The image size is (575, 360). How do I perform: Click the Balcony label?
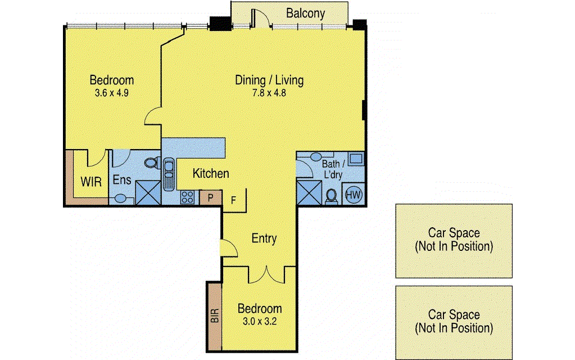pos(305,13)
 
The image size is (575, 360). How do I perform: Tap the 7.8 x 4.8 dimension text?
pos(269,93)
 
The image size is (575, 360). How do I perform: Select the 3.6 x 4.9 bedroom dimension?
pos(111,93)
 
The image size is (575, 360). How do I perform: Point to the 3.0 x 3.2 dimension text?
pos(260,321)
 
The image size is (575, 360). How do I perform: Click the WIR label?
pos(91,182)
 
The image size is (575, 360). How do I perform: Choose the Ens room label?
pos(122,180)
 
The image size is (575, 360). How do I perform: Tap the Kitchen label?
pos(211,173)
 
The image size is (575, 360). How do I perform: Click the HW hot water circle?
pos(354,195)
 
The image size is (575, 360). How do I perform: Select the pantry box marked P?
pos(210,198)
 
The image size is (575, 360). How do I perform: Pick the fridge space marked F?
pos(234,200)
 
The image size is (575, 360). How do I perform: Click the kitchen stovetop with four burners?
pos(187,197)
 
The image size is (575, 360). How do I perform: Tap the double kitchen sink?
pos(168,174)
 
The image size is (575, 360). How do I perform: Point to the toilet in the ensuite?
pos(152,163)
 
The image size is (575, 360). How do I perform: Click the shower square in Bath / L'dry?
pos(309,192)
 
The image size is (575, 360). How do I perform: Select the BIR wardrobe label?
pos(215,315)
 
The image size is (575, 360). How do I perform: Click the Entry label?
pos(264,238)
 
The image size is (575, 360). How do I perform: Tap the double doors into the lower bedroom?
pos(266,275)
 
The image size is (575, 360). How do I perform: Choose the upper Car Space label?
pos(454,239)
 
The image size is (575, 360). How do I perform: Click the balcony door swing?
pos(261,19)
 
